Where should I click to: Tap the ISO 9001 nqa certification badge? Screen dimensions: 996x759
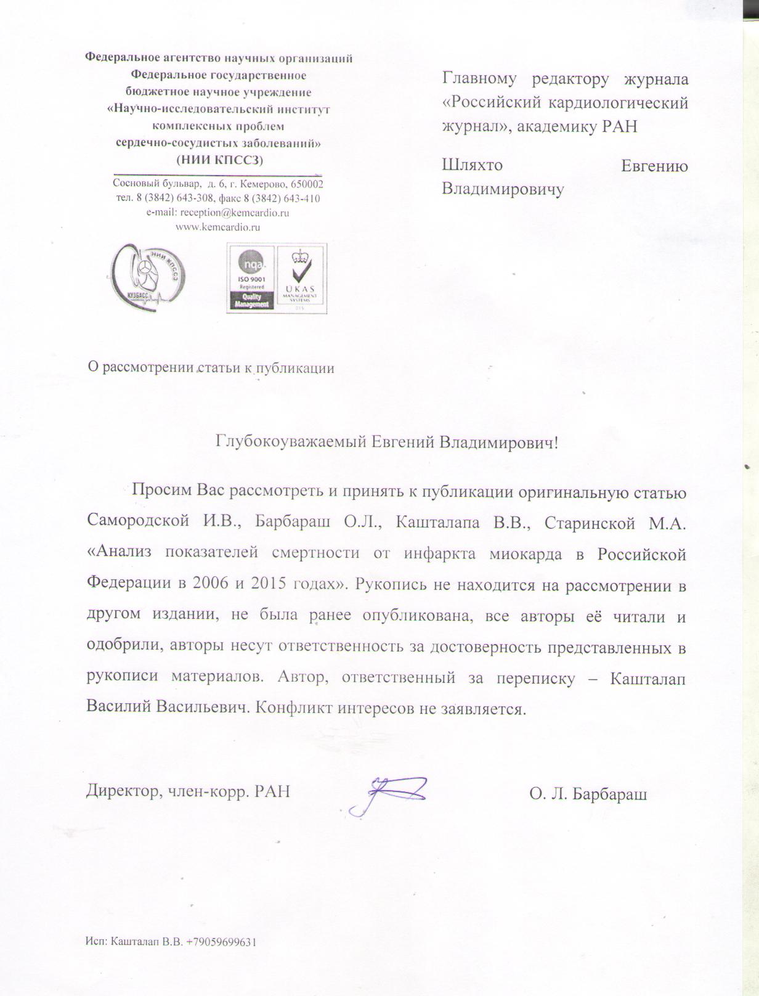[x=251, y=278]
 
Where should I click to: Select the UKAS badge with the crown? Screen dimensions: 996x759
[x=301, y=278]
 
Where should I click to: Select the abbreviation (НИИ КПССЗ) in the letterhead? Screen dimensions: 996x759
[x=219, y=160]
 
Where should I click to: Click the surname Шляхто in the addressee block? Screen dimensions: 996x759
[x=472, y=166]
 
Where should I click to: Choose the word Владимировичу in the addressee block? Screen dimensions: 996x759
[x=503, y=189]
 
